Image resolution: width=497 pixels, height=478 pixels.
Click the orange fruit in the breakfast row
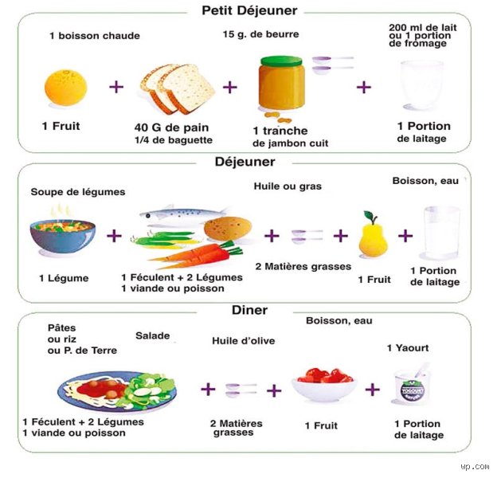click(x=66, y=88)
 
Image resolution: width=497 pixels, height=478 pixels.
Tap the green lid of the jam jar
click(x=281, y=61)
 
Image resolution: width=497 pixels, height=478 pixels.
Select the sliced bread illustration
click(x=178, y=89)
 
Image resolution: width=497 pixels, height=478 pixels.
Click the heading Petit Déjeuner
click(x=249, y=10)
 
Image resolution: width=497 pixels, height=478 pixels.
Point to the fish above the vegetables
click(x=184, y=214)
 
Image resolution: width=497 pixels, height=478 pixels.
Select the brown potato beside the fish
click(x=228, y=229)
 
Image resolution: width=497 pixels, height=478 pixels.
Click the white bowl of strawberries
click(x=324, y=385)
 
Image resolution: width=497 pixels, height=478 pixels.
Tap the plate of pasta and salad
click(x=117, y=391)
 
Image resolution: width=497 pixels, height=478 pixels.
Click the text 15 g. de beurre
click(x=261, y=34)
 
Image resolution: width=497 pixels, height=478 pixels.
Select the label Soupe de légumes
click(x=78, y=192)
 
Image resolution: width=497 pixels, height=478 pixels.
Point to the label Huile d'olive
click(x=244, y=341)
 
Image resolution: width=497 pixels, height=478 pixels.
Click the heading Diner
click(x=249, y=310)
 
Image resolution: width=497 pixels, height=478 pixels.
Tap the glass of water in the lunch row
click(x=441, y=233)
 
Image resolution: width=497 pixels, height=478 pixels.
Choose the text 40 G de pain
click(x=171, y=127)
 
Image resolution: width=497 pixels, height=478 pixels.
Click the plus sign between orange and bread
click(x=116, y=87)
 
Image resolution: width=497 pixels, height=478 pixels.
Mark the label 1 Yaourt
click(x=408, y=348)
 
